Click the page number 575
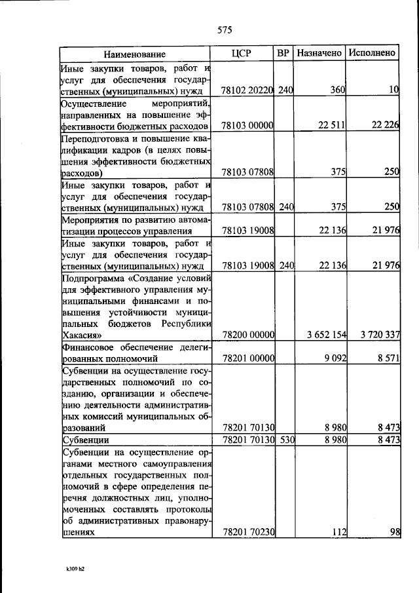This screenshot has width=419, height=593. coord(225,29)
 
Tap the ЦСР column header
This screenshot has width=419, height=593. coord(242,53)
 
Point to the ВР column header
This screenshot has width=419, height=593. coord(283,53)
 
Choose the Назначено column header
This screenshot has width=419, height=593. coord(319,53)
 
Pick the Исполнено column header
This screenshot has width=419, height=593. coord(372,53)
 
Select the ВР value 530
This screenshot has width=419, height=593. coord(284,440)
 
